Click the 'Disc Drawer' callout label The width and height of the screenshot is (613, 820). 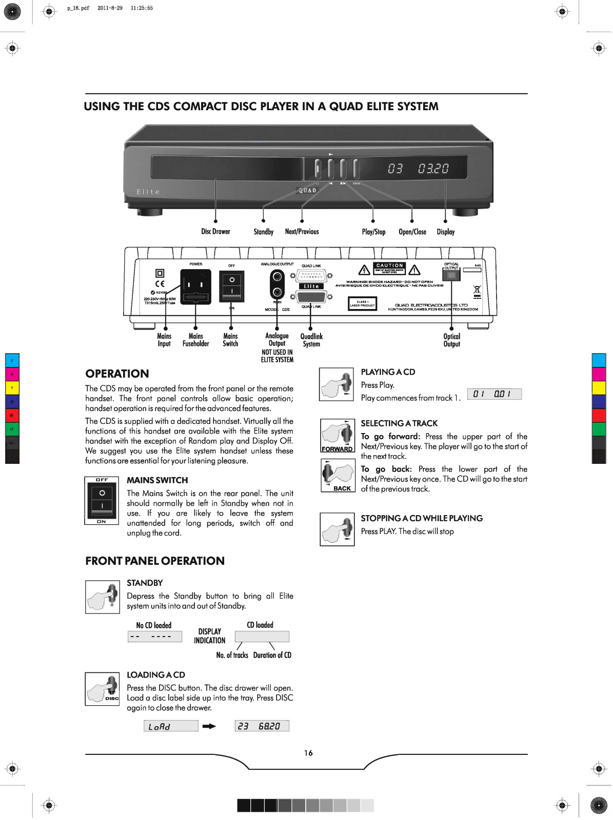pyautogui.click(x=215, y=232)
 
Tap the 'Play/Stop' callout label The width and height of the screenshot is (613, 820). pyautogui.click(x=373, y=232)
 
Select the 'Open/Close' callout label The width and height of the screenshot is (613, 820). pyautogui.click(x=412, y=232)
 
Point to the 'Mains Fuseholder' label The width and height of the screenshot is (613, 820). pyautogui.click(x=196, y=340)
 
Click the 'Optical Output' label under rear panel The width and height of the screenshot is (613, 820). pyautogui.click(x=451, y=340)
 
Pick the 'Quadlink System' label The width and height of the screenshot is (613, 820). pyautogui.click(x=311, y=340)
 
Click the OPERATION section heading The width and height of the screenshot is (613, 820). pyautogui.click(x=117, y=374)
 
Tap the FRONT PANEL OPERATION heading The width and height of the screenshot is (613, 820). pyautogui.click(x=155, y=561)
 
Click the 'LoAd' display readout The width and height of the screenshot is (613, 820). pyautogui.click(x=171, y=726)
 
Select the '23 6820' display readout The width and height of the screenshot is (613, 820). pyautogui.click(x=262, y=726)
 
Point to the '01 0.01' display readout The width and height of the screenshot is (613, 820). pyautogui.click(x=495, y=394)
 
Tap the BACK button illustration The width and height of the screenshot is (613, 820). pyautogui.click(x=337, y=475)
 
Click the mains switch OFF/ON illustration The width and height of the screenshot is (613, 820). pyautogui.click(x=102, y=501)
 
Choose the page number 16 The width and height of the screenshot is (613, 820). pyautogui.click(x=308, y=753)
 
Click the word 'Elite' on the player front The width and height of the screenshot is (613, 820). pyautogui.click(x=148, y=192)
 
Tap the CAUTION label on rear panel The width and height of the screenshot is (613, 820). pyautogui.click(x=389, y=265)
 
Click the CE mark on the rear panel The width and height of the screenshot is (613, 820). pyautogui.click(x=160, y=283)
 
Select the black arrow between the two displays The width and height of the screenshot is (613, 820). pyautogui.click(x=209, y=726)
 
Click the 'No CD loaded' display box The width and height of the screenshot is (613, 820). pyautogui.click(x=155, y=637)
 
